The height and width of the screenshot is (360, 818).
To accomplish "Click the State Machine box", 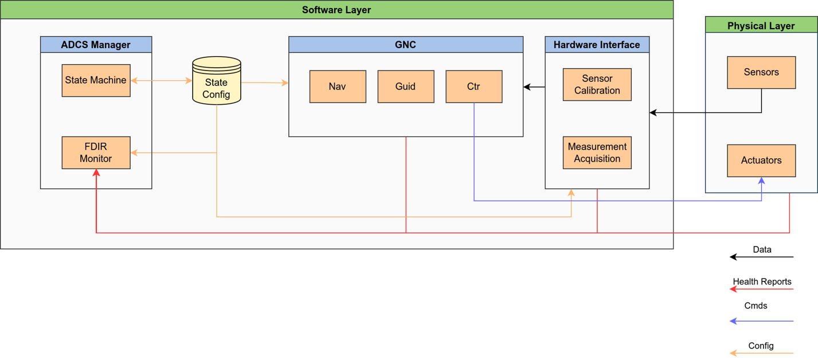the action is coord(96,80).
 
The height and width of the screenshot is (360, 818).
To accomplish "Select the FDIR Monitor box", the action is coord(96,152).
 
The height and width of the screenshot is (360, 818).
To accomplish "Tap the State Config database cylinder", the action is coord(217,81).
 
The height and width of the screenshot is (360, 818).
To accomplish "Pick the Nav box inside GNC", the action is coord(338,87).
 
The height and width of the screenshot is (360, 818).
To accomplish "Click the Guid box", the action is coord(406,87).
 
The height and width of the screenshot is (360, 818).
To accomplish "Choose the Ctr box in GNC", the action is coord(474,87).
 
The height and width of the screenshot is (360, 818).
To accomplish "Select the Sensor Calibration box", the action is coord(597,84).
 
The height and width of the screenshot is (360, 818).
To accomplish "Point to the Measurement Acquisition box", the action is coord(597,152).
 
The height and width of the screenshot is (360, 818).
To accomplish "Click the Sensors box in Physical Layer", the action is coord(761,72).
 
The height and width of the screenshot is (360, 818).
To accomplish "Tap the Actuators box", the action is coord(761,161).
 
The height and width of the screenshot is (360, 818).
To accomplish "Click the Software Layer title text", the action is coord(336,10).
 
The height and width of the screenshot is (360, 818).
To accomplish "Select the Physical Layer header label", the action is coord(761,26).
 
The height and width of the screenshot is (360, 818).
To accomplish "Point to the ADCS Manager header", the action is coord(96,45).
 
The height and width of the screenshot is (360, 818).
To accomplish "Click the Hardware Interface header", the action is coord(597,45).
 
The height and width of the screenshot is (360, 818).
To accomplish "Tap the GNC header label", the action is coord(405,45).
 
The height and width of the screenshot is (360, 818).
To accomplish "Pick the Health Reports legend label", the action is coord(762,281).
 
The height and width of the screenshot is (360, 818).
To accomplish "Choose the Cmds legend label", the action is coord(756,306).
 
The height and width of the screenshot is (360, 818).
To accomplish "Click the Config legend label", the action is coord(761,346).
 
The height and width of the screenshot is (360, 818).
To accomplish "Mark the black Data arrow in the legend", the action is coord(761,257).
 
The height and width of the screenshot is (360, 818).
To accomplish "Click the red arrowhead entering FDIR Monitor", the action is coord(96,173).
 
